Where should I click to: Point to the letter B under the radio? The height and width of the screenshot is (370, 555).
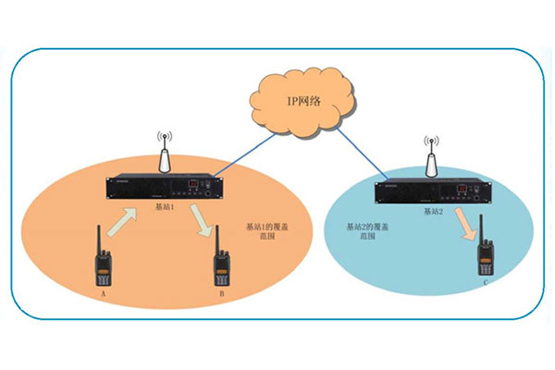coord(222,293)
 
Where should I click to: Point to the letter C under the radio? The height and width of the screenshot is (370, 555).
coord(487,279)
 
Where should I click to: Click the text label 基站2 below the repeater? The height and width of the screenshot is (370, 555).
coord(434,212)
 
